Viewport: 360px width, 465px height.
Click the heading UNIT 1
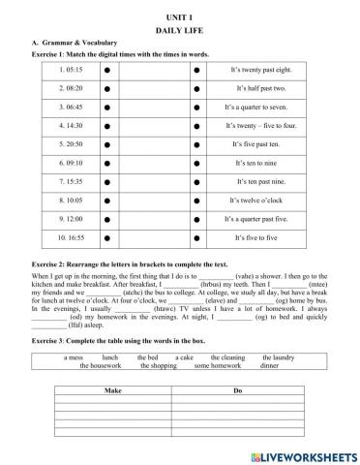(x=179, y=18)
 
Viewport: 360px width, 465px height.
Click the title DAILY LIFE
(x=179, y=31)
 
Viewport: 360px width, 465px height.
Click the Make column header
(x=116, y=389)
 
